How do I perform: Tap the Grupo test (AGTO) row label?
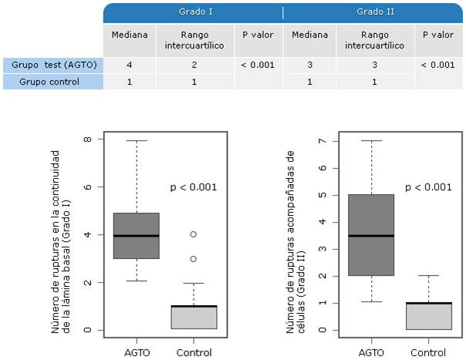[x=53, y=65]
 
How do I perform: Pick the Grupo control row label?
[x=53, y=81]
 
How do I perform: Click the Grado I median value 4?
[x=129, y=65]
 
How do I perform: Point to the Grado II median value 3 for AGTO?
[x=310, y=65]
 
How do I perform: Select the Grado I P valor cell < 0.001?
[x=257, y=65]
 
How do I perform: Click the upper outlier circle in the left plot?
[x=194, y=234]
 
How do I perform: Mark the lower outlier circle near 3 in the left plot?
[x=194, y=259]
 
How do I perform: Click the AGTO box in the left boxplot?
[x=137, y=236]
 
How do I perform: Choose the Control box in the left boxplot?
[x=194, y=318]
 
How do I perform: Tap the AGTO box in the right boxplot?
[x=372, y=235]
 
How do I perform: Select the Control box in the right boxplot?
[x=429, y=316]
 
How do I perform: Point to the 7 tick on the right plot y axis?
[x=331, y=142]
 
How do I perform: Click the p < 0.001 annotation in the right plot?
[x=428, y=187]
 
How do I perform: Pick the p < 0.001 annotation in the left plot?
[x=193, y=187]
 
